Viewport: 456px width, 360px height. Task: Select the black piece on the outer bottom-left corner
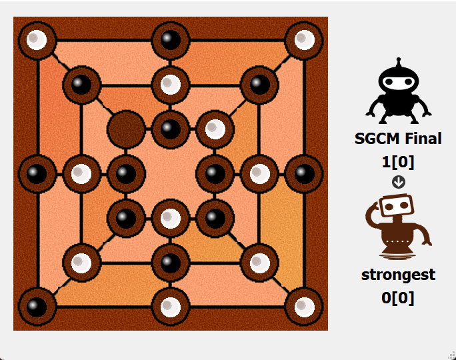pos(37,307)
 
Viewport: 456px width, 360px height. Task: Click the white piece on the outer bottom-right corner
pos(304,307)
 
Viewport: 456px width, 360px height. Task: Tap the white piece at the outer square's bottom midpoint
pos(171,307)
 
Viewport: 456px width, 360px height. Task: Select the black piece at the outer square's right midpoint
pos(304,173)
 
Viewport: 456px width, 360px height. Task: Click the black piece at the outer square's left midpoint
pos(37,173)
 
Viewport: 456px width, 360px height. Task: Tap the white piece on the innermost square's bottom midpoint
pos(171,218)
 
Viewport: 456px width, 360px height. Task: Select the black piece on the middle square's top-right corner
pos(259,85)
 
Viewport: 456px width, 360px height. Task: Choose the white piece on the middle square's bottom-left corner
pos(81,263)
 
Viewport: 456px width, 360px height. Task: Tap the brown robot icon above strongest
pos(398,227)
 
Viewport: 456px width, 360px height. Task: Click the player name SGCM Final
pos(398,139)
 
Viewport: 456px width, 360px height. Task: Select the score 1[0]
pos(398,161)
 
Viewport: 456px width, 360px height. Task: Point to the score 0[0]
pos(398,297)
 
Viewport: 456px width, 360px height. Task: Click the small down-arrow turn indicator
pos(399,181)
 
